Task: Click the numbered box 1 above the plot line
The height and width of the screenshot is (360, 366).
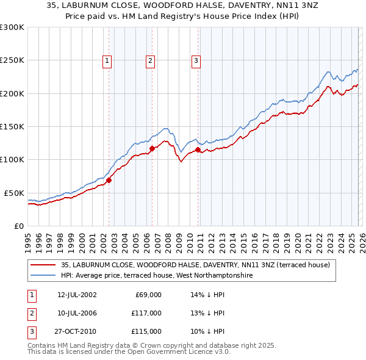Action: tap(107, 60)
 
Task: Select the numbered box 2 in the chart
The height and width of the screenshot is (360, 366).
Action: tap(150, 60)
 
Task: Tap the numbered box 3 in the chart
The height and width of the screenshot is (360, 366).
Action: tap(196, 60)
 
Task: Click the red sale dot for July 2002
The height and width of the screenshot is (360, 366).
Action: tap(109, 180)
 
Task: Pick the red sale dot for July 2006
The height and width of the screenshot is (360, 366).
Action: tap(152, 148)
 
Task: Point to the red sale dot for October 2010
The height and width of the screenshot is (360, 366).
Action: tap(198, 149)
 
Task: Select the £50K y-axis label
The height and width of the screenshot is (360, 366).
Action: tap(14, 193)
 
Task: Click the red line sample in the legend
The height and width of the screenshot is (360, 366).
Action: tap(44, 265)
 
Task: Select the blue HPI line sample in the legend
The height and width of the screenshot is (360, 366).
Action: tap(44, 275)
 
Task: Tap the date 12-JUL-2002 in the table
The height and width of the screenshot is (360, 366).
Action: tap(77, 295)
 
